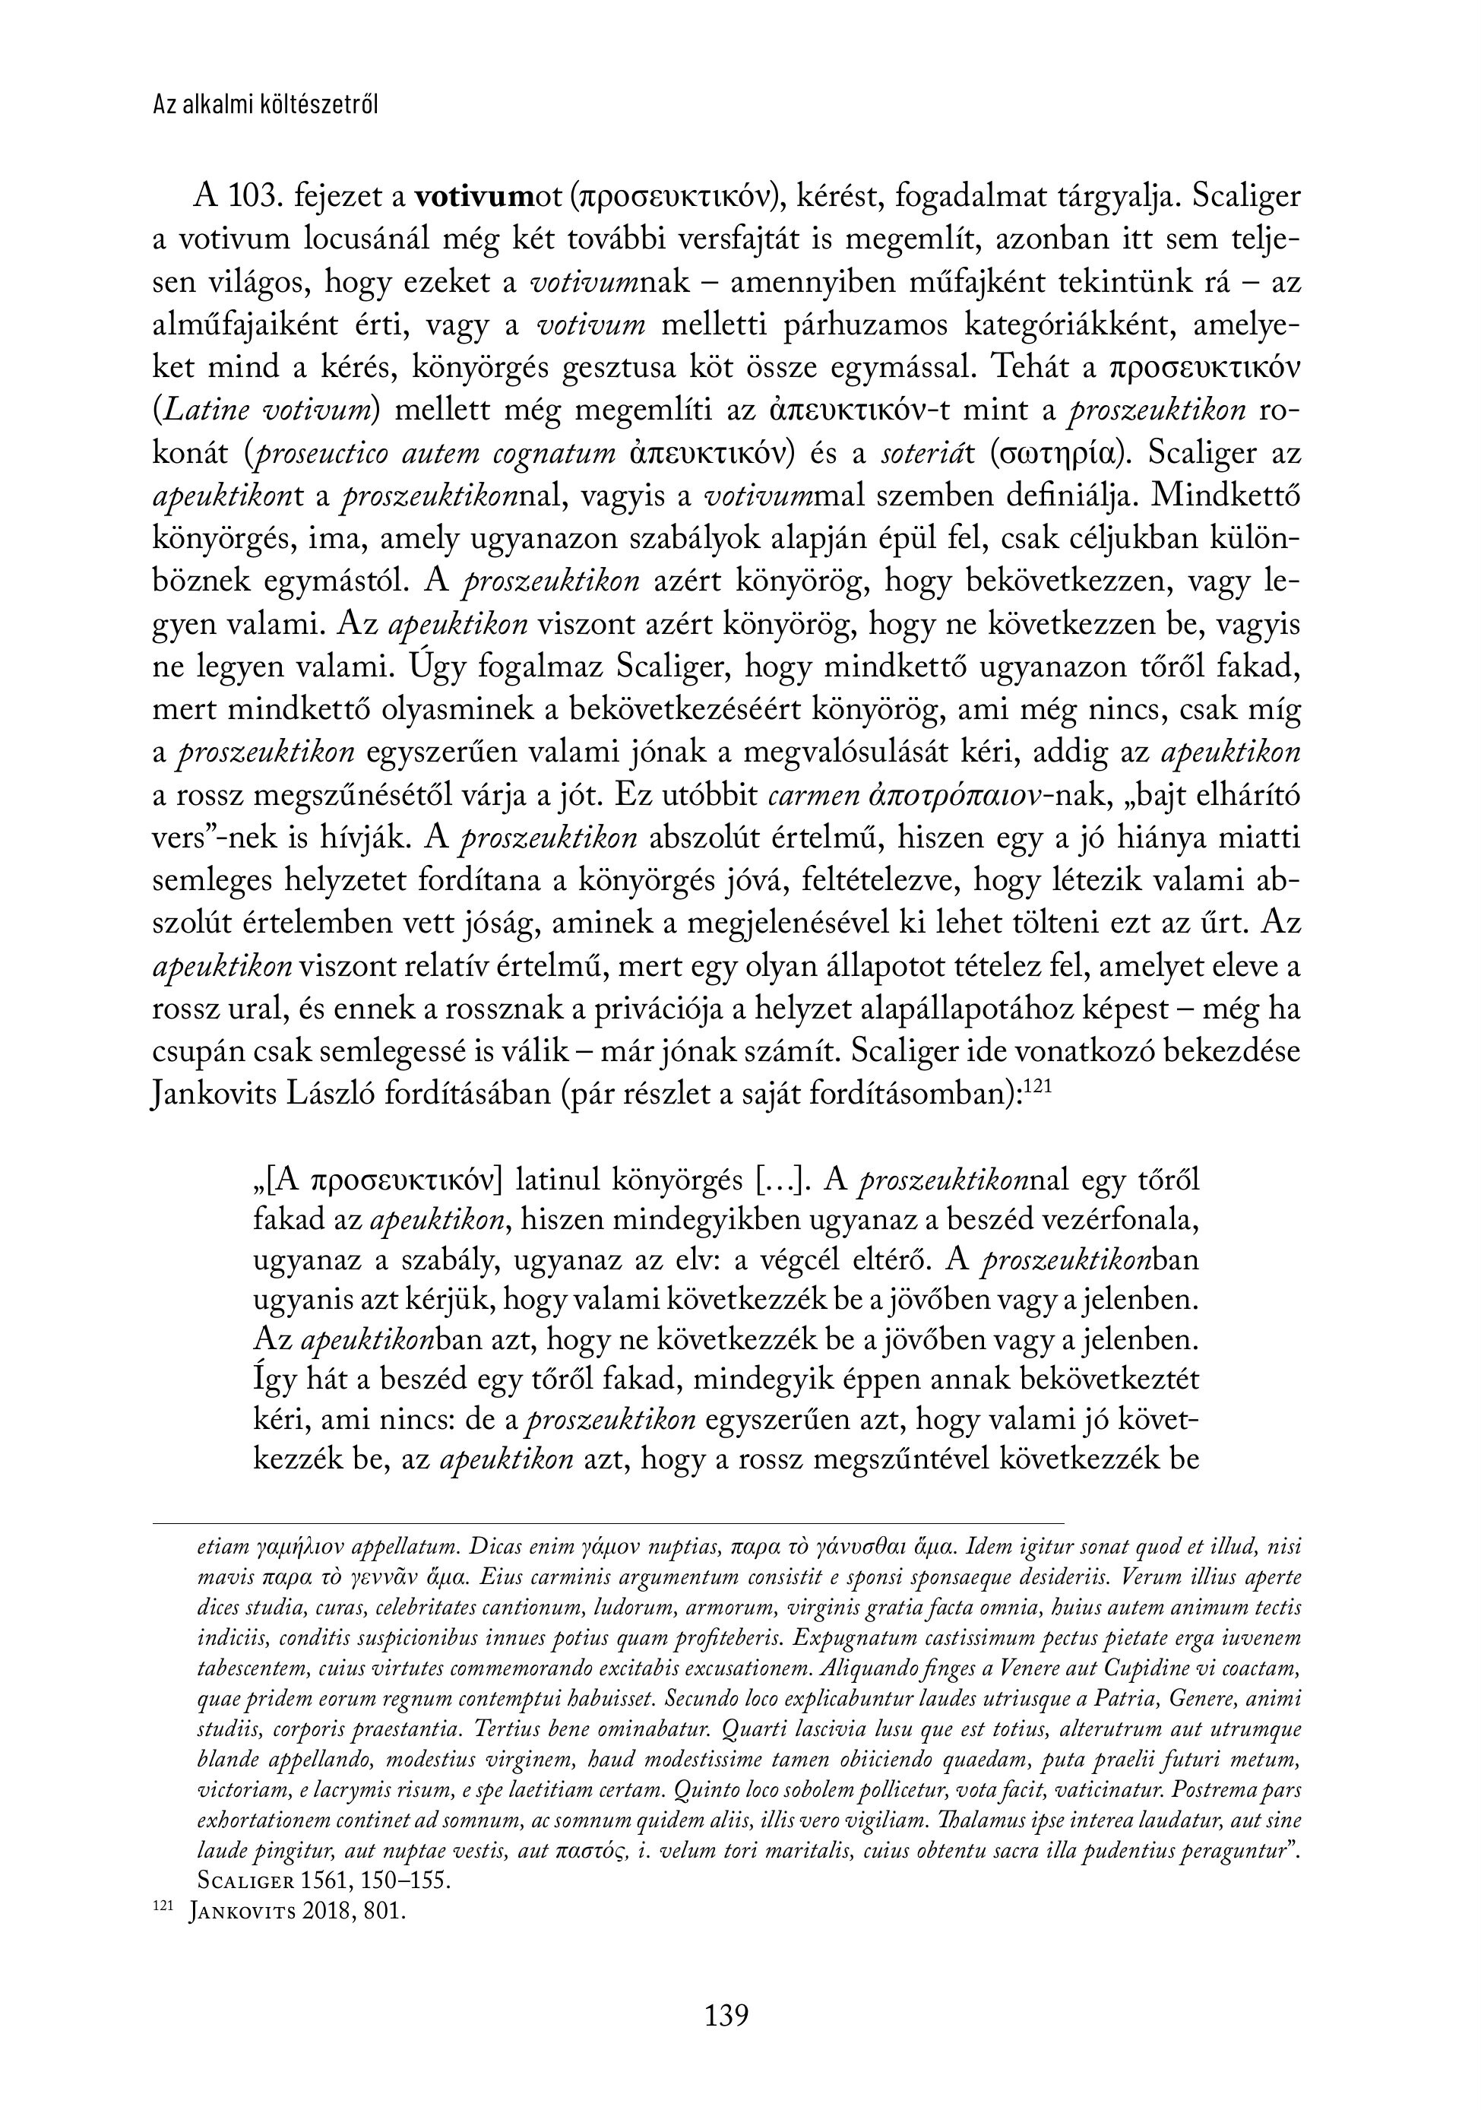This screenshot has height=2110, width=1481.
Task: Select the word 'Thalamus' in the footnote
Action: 973,1820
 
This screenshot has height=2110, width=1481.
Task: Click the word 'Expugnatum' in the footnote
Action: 847,1639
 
